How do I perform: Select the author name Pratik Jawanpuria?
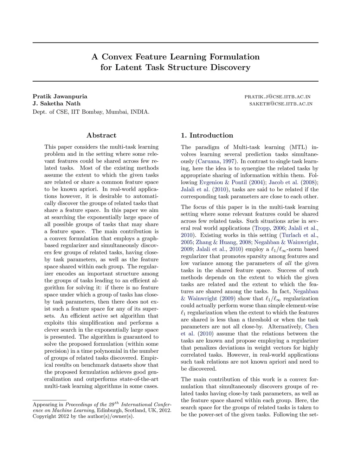[x=60, y=96]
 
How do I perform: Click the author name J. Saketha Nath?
[x=57, y=103]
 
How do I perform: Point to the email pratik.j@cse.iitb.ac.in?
[x=277, y=97]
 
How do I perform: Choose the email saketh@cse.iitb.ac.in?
[x=281, y=104]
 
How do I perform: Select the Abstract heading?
[x=101, y=135]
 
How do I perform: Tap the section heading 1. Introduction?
[x=207, y=135]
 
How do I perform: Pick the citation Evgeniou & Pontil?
[x=223, y=183]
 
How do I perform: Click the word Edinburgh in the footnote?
[x=110, y=410]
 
